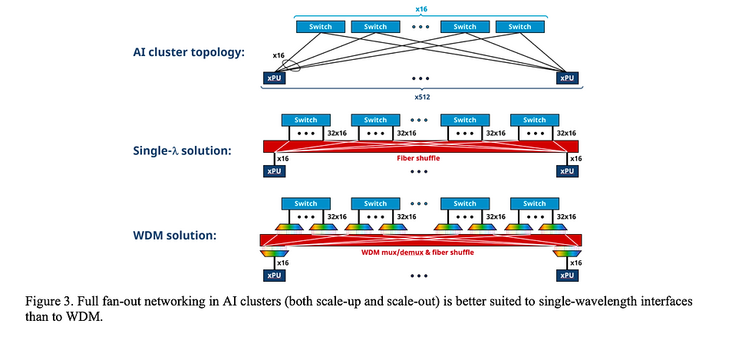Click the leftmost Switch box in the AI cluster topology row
(x=320, y=27)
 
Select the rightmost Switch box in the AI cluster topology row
(x=520, y=27)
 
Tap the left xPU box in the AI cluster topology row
(x=274, y=78)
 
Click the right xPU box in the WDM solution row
(x=567, y=275)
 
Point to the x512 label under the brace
(x=421, y=97)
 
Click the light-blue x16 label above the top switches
(x=421, y=8)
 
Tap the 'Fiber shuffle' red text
(x=418, y=158)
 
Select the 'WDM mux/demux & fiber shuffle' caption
(x=417, y=252)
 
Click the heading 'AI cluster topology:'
(x=189, y=52)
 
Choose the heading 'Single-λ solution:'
(x=183, y=150)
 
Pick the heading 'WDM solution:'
(x=175, y=236)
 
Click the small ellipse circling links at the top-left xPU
(x=292, y=66)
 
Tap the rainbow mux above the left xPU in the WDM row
(x=275, y=253)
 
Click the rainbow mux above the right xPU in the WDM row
(x=567, y=253)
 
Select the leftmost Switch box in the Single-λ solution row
(x=305, y=120)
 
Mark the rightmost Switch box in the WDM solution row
(x=534, y=203)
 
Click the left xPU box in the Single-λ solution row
(x=274, y=171)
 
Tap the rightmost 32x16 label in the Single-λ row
(x=566, y=134)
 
